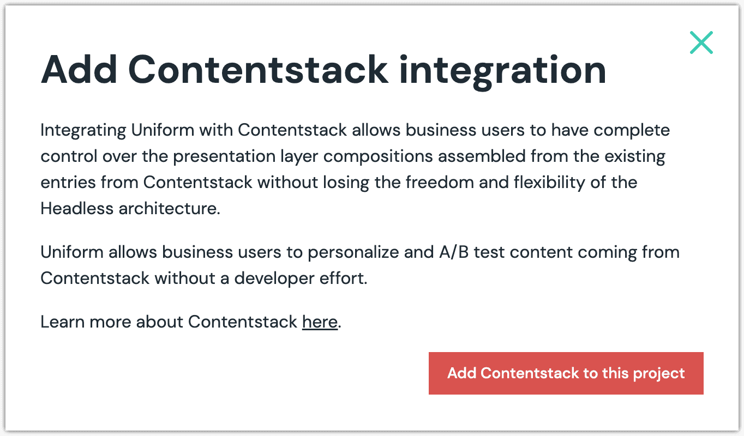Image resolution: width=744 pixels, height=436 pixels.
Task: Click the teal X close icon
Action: [x=701, y=43]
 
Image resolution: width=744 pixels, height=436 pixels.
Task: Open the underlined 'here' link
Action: [x=320, y=322]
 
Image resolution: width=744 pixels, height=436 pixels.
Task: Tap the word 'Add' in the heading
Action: [x=79, y=70]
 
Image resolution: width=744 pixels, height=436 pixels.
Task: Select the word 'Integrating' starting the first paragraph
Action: [x=83, y=131]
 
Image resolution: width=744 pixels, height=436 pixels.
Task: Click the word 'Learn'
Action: [x=62, y=322]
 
